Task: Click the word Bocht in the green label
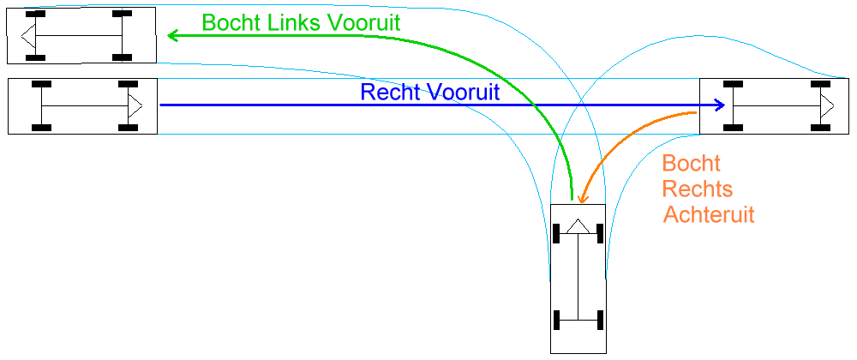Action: (228, 23)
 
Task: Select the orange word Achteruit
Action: (709, 214)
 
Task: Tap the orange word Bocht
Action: (692, 163)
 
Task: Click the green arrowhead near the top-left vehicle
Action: (172, 35)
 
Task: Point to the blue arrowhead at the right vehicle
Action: (721, 105)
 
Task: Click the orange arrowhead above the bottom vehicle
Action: (582, 199)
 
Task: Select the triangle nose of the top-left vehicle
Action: (28, 35)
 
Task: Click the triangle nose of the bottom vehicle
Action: (578, 225)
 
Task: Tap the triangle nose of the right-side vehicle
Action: (827, 105)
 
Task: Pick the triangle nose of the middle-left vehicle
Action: (135, 105)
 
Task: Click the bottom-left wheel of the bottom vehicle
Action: (558, 321)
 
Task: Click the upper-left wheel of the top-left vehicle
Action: (35, 15)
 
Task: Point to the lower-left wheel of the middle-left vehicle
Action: (40, 128)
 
